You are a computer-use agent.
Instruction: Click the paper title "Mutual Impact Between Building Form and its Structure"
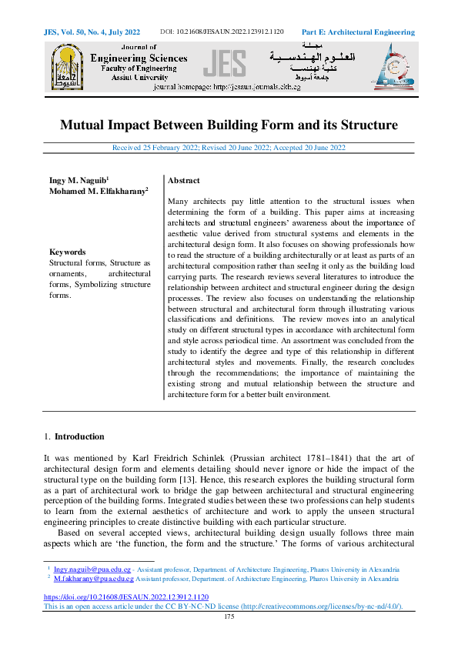[x=229, y=125]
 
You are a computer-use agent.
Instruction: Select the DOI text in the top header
[x=222, y=32]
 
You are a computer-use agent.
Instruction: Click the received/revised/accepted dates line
[x=229, y=148]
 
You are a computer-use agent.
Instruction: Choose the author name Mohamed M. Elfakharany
[x=99, y=190]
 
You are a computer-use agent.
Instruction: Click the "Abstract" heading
[x=184, y=180]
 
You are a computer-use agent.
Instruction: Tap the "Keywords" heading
[x=69, y=252]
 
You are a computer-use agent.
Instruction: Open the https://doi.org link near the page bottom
[x=125, y=597]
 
